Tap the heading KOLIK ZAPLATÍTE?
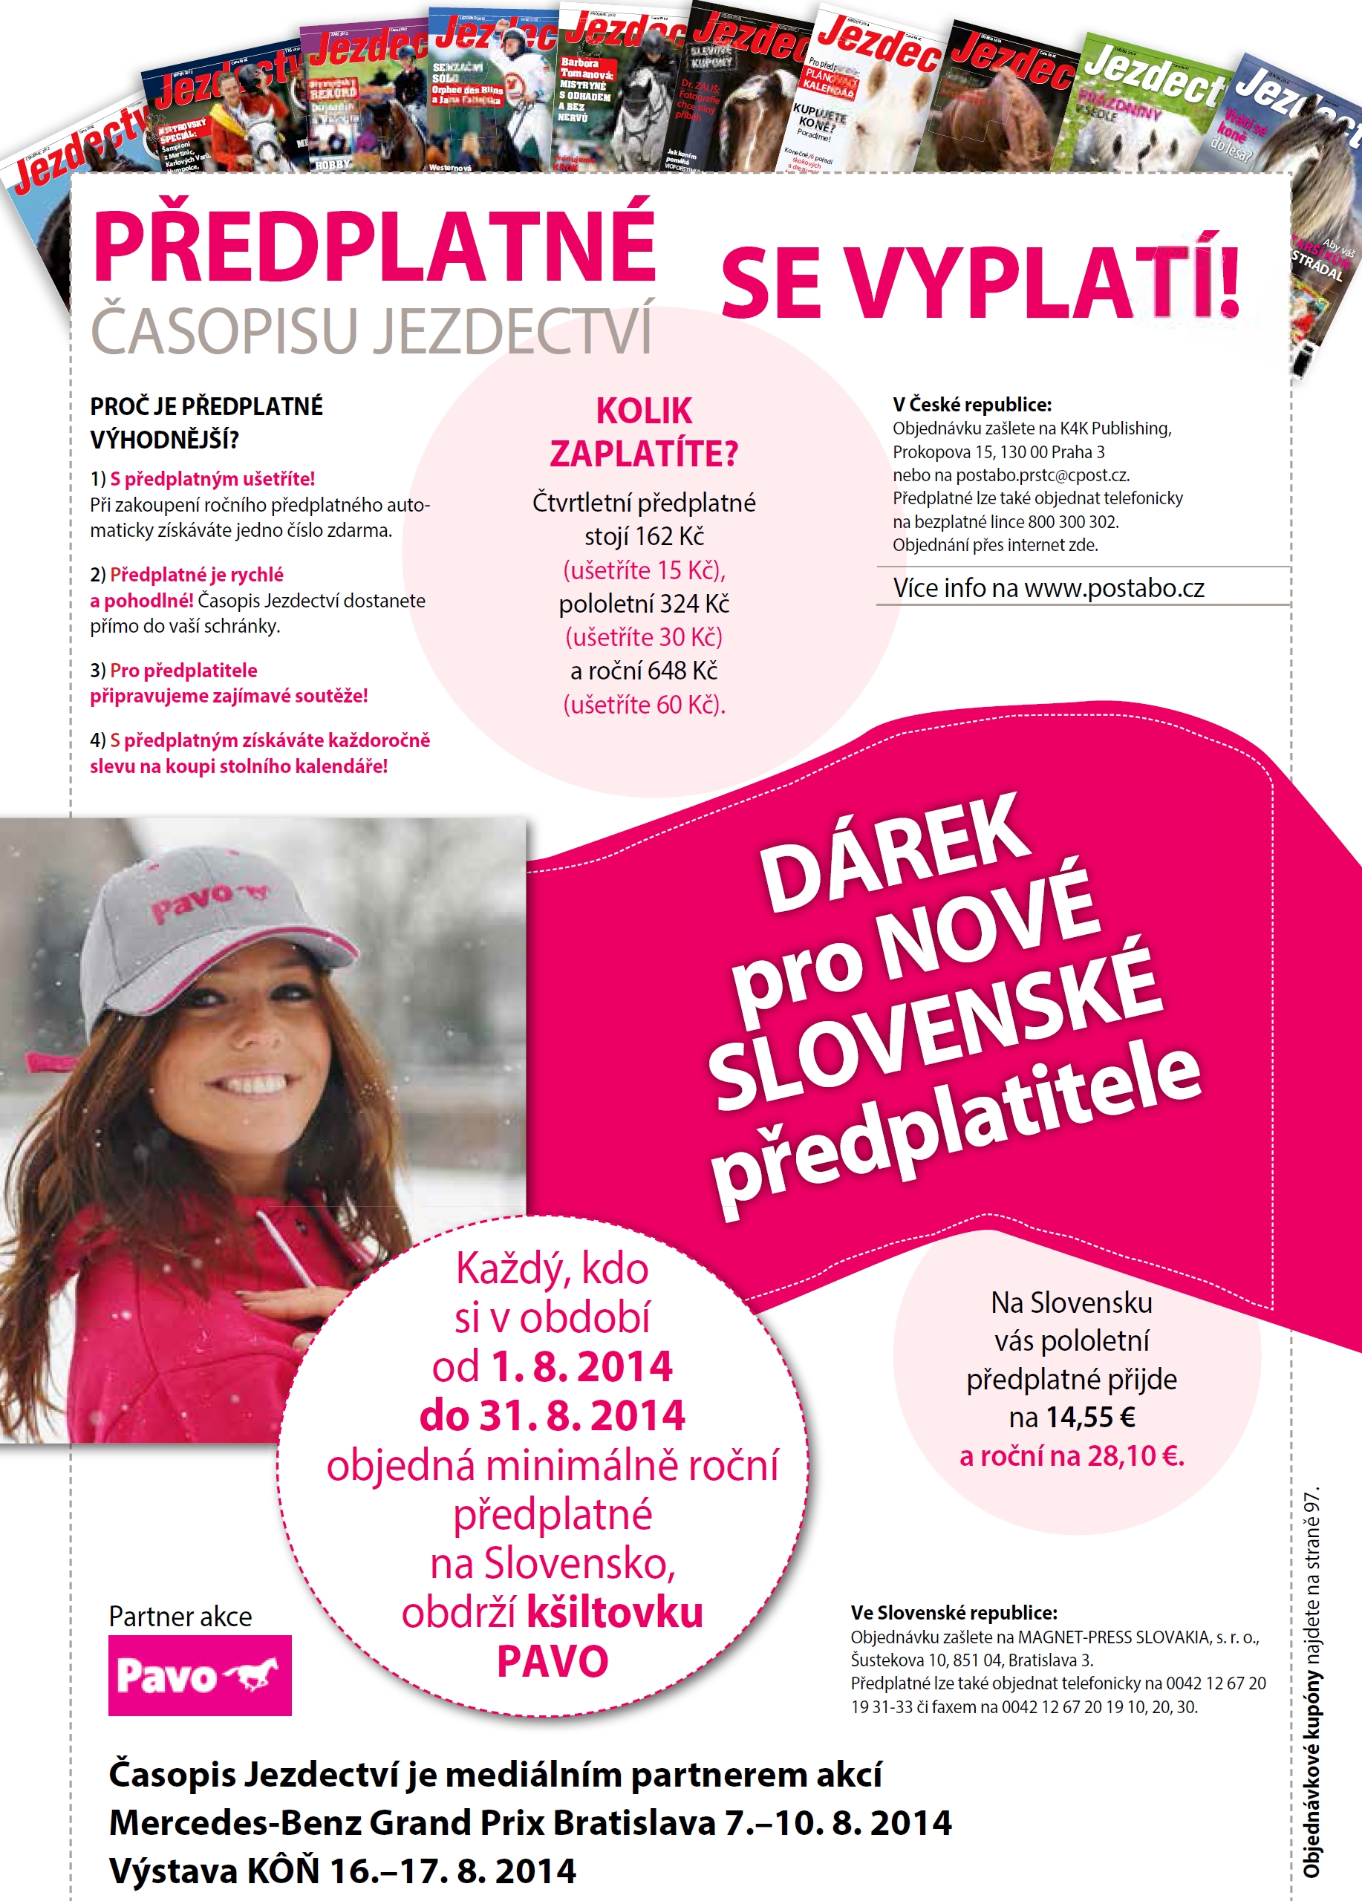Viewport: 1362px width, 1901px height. [x=644, y=432]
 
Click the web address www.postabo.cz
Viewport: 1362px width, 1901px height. [x=1114, y=588]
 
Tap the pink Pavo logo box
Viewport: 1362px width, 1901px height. [x=200, y=1675]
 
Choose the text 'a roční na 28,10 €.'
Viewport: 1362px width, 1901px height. [x=1071, y=1456]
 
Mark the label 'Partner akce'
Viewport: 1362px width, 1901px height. [x=180, y=1616]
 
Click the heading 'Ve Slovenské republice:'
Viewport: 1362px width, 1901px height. [x=953, y=1613]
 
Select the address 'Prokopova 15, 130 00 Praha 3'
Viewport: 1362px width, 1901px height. [x=997, y=451]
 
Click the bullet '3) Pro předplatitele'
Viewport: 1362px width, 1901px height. [x=174, y=671]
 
